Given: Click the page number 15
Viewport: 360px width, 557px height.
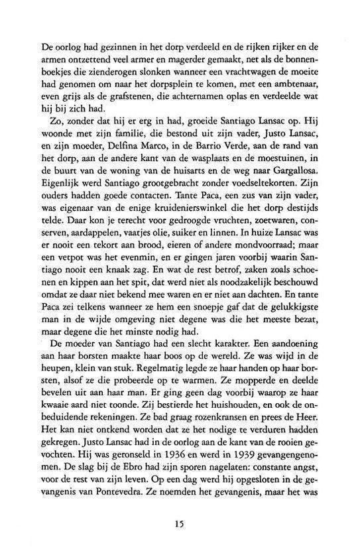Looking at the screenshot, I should coord(180,524).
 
